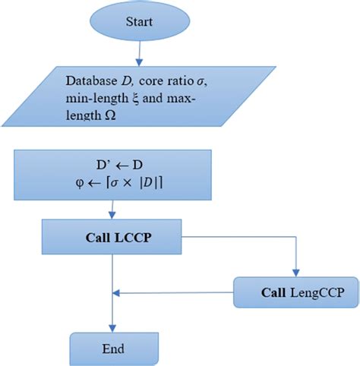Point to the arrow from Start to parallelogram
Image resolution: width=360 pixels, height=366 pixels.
(x=139, y=53)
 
